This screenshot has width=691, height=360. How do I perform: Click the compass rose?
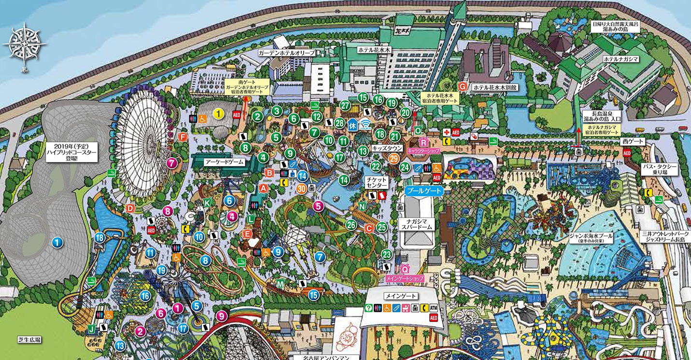24,48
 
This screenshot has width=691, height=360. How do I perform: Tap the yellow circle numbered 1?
219,114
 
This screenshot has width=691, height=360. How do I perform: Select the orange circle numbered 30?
302,188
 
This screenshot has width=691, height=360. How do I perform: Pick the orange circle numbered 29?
394,158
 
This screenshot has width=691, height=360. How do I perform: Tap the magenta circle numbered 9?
222,316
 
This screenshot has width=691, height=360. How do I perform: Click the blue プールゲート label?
424,191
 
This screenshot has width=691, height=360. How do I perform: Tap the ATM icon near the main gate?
433,308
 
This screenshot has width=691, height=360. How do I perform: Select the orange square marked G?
463,86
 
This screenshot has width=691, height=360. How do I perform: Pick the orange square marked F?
183,137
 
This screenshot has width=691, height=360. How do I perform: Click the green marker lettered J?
92,329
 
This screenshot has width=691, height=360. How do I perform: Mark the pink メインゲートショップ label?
404,279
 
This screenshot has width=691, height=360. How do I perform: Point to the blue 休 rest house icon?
353,124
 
